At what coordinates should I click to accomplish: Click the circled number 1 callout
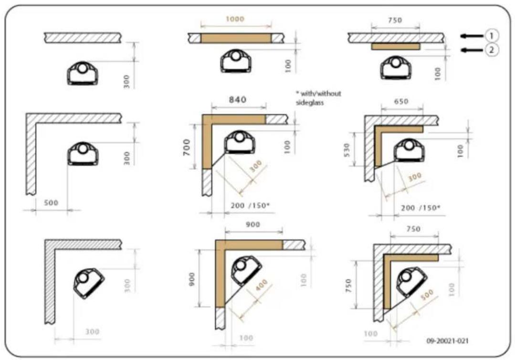tap(492, 35)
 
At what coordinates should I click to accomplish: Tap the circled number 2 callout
tap(492, 49)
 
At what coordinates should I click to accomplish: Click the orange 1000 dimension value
tap(235, 19)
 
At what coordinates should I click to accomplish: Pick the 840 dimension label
tap(237, 100)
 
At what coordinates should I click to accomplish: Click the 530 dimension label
tap(354, 148)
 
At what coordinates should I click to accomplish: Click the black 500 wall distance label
tap(51, 202)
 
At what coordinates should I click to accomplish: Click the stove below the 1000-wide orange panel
tap(235, 62)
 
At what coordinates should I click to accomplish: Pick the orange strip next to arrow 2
tap(396, 47)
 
